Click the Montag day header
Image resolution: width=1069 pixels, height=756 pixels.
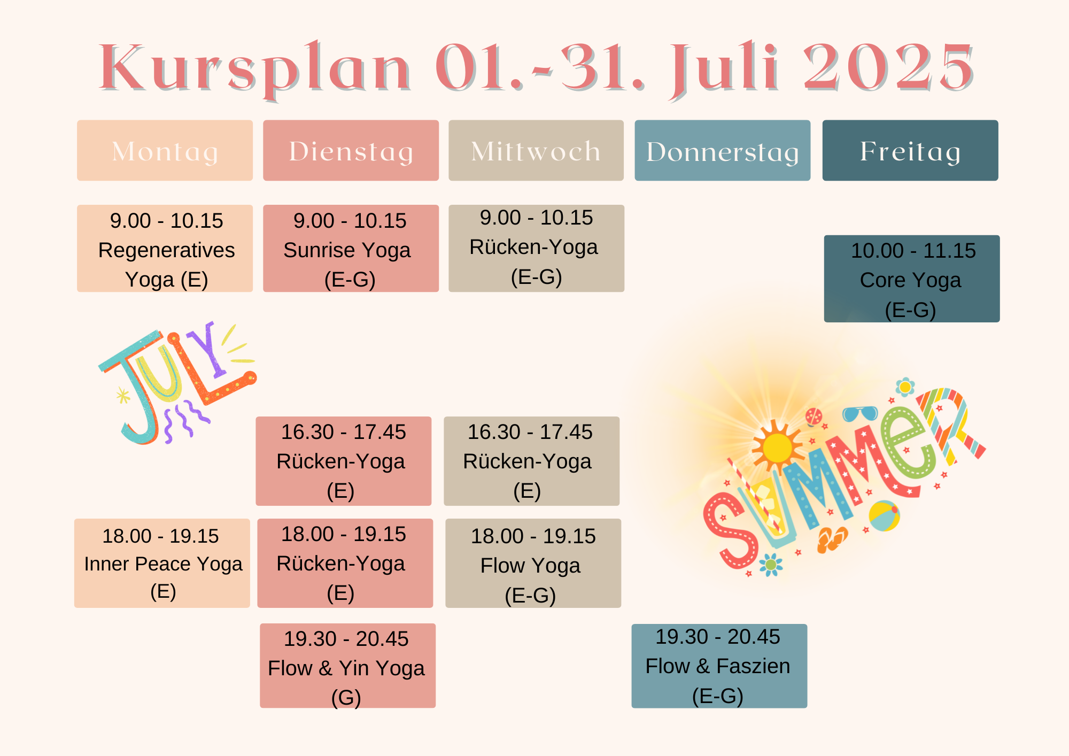165,150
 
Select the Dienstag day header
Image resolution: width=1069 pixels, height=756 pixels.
351,150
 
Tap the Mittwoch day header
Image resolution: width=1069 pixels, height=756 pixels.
536,150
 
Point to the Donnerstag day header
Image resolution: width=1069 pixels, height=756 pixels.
723,150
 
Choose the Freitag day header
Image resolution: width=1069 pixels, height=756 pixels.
910,150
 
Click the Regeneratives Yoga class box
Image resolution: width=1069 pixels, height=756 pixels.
165,248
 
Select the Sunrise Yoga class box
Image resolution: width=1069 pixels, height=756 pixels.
351,248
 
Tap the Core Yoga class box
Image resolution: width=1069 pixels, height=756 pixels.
912,279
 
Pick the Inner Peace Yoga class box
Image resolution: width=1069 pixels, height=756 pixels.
162,563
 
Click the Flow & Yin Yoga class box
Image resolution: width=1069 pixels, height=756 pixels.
347,666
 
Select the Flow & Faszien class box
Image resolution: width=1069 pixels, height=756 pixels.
719,666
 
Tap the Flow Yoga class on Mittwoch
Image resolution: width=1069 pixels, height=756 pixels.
533,563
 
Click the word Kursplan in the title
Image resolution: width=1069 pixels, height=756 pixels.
255,68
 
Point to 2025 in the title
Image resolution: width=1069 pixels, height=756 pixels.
888,66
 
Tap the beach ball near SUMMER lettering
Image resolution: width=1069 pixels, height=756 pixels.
884,516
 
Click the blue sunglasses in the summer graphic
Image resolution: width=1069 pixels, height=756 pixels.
860,414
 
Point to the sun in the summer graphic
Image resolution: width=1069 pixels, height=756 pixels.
777,448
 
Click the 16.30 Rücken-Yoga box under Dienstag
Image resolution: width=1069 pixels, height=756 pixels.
343,461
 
